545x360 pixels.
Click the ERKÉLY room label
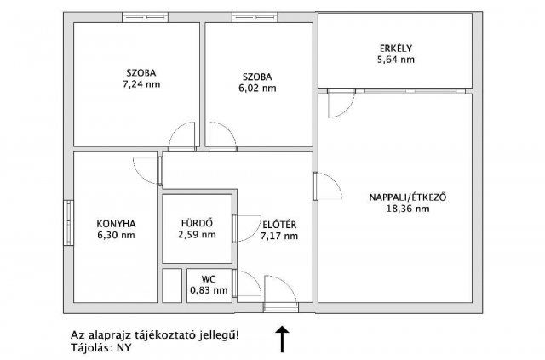click(x=397, y=48)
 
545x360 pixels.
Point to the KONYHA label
click(x=117, y=224)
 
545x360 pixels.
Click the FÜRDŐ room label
click(x=196, y=224)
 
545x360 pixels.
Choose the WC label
click(x=208, y=278)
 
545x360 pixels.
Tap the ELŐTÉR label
click(x=279, y=224)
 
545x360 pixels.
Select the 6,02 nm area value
click(x=258, y=88)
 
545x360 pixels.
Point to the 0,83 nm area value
click(x=208, y=289)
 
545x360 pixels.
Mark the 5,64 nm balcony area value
click(x=397, y=60)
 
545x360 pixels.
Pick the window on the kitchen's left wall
click(x=67, y=225)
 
